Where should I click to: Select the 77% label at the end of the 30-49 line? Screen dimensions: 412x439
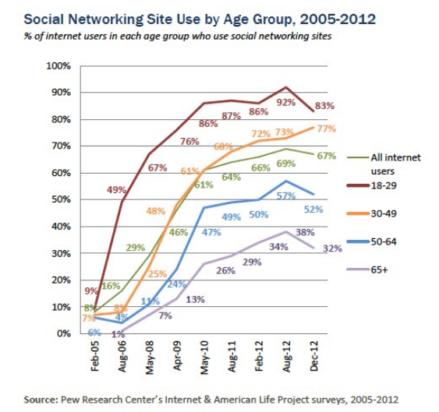[325, 128]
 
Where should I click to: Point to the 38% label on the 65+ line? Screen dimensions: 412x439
[305, 232]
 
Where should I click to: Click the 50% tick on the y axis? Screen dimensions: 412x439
[61, 199]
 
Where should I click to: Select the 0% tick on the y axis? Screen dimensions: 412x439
[63, 333]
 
